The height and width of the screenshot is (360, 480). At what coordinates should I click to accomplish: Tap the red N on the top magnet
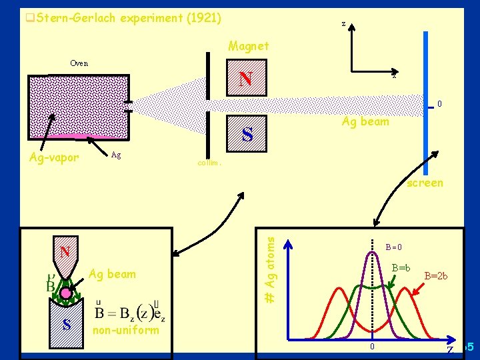(x=245, y=79)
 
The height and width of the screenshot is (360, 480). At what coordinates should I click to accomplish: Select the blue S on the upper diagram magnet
(x=247, y=135)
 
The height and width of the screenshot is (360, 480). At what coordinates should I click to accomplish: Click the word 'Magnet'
(x=249, y=46)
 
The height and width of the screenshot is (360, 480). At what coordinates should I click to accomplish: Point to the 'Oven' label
(x=79, y=63)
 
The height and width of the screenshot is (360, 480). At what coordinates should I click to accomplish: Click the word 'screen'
(x=425, y=183)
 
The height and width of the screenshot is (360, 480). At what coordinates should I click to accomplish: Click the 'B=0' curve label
(x=394, y=247)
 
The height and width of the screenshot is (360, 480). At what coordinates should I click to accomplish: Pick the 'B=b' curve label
(x=401, y=268)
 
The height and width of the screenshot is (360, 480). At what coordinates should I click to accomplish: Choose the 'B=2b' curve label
(x=436, y=275)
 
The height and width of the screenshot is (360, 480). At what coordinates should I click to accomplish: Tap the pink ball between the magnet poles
(x=66, y=293)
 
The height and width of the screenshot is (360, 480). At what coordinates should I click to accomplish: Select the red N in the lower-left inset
(x=65, y=252)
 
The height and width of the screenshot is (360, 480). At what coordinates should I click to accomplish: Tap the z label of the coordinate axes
(x=343, y=24)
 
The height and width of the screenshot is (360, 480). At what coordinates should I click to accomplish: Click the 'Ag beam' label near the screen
(x=365, y=121)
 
